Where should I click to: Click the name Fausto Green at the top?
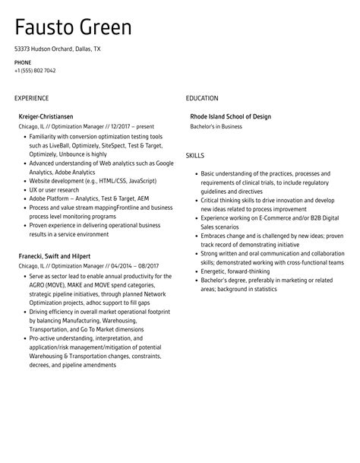[73, 27]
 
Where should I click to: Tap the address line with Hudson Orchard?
[57, 49]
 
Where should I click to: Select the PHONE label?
[23, 62]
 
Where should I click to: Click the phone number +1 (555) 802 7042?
[35, 71]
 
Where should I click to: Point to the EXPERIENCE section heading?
[31, 98]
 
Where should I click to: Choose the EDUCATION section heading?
[202, 98]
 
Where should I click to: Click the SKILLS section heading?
[194, 154]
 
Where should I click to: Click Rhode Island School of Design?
[230, 116]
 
